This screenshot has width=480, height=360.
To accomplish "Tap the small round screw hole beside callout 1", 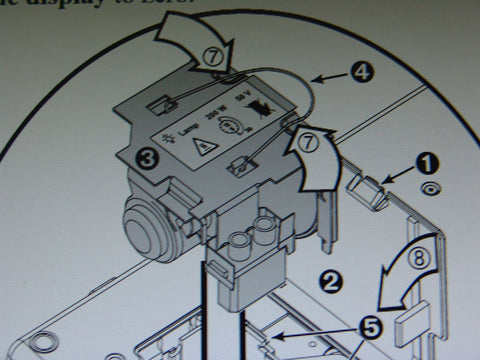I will tap(428, 188).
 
